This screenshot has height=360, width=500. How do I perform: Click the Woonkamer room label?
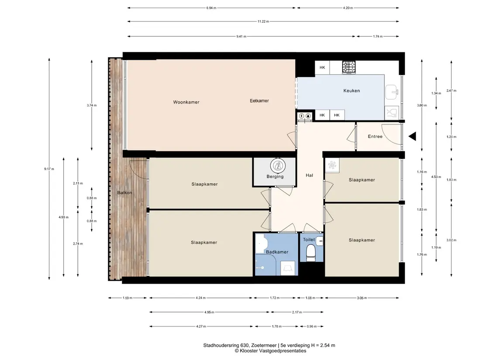(x=186, y=102)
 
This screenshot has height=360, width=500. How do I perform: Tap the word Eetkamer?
(x=259, y=101)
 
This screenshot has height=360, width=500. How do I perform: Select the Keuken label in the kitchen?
(x=352, y=91)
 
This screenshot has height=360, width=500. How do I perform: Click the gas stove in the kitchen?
(x=349, y=67)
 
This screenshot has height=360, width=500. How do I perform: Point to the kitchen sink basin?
(x=392, y=92)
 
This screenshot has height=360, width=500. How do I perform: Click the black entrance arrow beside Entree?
(x=412, y=136)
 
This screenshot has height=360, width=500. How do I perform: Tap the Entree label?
(x=375, y=136)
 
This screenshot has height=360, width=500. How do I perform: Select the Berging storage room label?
(x=275, y=176)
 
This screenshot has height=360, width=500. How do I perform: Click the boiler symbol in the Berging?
(x=278, y=166)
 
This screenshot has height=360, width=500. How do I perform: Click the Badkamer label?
(x=277, y=252)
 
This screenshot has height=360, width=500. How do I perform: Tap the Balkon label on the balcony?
(x=125, y=193)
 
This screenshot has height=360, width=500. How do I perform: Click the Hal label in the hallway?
(x=309, y=175)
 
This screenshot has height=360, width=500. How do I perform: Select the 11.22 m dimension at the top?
(x=263, y=21)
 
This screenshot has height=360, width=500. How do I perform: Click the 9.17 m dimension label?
(x=49, y=169)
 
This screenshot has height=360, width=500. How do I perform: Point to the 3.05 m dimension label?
(x=362, y=298)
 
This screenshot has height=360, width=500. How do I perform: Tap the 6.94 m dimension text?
(x=211, y=8)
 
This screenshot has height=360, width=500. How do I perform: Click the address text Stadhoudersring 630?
(x=226, y=345)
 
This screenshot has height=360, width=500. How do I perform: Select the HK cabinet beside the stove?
(x=322, y=68)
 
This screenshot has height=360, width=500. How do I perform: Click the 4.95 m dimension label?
(x=209, y=312)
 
